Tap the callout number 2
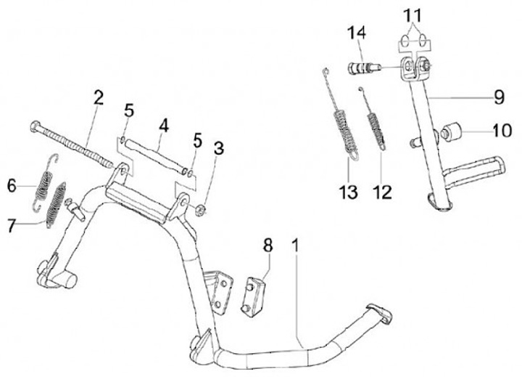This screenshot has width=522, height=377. pyautogui.click(x=98, y=97)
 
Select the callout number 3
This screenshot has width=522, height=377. pyautogui.click(x=220, y=149)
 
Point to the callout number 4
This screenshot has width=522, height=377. pyautogui.click(x=164, y=125)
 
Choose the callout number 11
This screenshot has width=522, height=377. pyautogui.click(x=412, y=14)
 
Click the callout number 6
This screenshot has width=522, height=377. pyautogui.click(x=12, y=186)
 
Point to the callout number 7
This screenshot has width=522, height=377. pyautogui.click(x=12, y=227)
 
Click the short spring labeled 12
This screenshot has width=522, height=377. pyautogui.click(x=376, y=125)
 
